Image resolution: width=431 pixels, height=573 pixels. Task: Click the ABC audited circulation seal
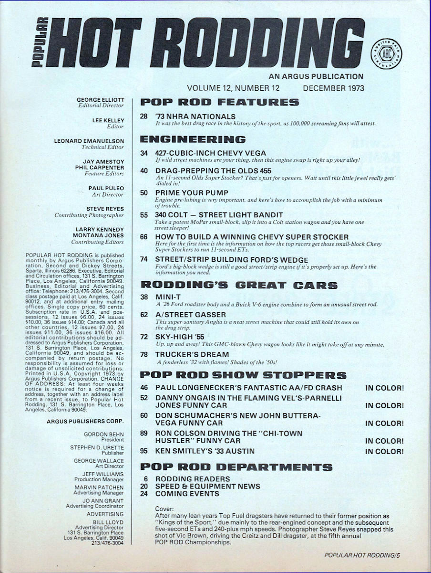pos(386,52)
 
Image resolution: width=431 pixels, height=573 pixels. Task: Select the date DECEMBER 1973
pos(333,88)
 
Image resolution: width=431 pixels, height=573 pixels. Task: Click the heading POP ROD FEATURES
pos(220,102)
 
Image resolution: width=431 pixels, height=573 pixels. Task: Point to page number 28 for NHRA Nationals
pos(144,117)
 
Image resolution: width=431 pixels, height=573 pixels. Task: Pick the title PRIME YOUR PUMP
pos(192,193)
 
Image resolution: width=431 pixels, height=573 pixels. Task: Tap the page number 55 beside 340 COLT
pos(144,215)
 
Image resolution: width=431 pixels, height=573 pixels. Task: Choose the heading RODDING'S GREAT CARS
pos(238,286)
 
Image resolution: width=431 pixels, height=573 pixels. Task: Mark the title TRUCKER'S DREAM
pos(192,354)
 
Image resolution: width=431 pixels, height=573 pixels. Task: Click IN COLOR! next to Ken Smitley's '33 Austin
pos(384,451)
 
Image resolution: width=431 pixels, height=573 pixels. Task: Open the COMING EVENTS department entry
pos(187,494)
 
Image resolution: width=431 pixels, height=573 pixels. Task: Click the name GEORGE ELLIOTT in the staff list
pos(100,100)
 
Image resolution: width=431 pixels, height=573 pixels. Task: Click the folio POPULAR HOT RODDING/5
pos(363,555)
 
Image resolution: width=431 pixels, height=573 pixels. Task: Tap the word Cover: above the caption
pos(165,509)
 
